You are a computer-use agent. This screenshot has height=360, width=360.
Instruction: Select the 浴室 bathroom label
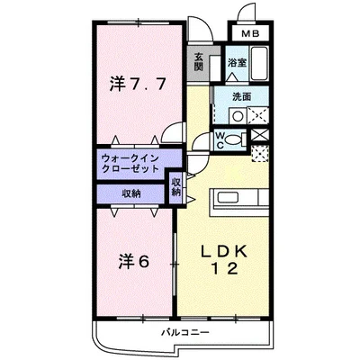point(236,63)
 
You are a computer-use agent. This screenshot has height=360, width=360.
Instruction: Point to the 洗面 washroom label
point(240,96)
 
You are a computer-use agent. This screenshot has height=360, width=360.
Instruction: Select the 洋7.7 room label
point(138,86)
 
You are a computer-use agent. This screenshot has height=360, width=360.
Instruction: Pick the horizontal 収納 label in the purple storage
point(131,193)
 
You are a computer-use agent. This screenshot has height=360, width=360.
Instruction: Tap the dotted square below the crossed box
point(260,152)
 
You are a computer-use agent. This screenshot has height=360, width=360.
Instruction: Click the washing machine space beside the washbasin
point(258,115)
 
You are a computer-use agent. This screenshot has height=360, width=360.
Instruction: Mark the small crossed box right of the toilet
point(260,135)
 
